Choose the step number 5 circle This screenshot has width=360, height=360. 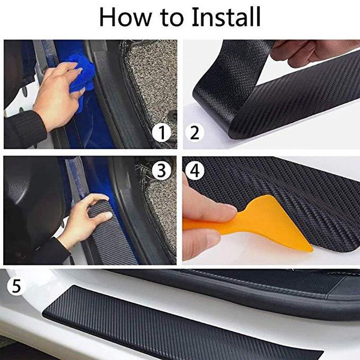17,286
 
